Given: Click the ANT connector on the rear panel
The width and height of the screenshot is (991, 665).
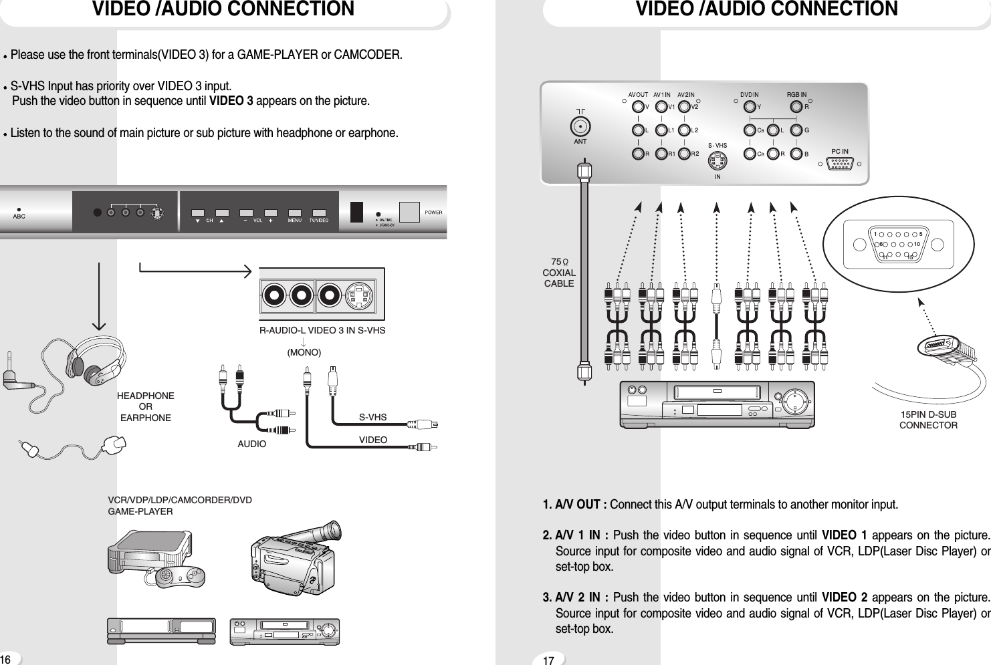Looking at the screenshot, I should click(x=580, y=126).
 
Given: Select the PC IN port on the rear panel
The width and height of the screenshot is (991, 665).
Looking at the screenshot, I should click(x=839, y=164).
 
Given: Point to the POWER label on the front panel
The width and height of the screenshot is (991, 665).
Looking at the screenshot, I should click(x=433, y=213).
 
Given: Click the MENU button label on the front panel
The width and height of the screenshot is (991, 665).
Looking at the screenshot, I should click(x=294, y=220).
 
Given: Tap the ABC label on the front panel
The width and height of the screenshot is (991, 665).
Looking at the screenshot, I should click(x=19, y=216).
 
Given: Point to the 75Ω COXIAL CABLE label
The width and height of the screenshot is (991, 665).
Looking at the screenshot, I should click(x=559, y=273).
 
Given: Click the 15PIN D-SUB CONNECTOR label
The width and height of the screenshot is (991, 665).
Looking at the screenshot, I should click(x=928, y=420).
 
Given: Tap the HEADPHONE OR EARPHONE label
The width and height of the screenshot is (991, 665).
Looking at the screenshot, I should click(x=145, y=406).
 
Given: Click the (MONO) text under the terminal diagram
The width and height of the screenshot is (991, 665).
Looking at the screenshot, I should click(x=304, y=352).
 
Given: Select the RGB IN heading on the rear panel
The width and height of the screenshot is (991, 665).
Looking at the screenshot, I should click(x=796, y=95).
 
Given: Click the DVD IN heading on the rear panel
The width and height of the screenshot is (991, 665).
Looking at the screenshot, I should click(x=749, y=95).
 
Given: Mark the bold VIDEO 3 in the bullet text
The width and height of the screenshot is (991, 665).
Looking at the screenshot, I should click(x=231, y=102).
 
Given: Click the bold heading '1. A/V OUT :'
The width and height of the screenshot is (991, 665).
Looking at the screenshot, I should click(x=574, y=504).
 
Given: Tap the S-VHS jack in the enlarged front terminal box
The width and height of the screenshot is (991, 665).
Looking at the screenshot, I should click(x=360, y=295).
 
